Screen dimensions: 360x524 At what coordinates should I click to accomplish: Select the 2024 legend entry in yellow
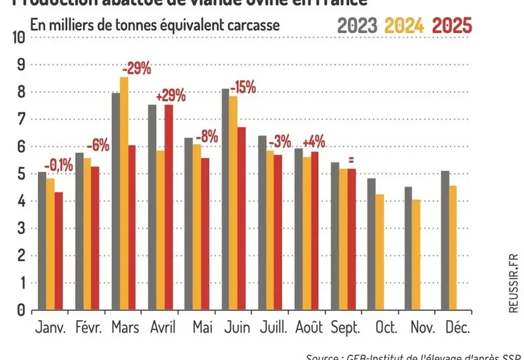[405, 26]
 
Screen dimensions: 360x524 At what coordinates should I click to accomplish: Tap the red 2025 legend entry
[452, 26]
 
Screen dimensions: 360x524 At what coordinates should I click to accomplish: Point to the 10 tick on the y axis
[17, 37]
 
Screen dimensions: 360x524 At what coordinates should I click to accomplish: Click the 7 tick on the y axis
[20, 119]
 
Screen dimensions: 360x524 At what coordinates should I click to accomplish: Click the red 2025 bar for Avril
[169, 207]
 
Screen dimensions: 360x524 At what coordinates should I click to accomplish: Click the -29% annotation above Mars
[136, 69]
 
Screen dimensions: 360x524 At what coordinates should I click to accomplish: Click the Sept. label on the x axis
[344, 328]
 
